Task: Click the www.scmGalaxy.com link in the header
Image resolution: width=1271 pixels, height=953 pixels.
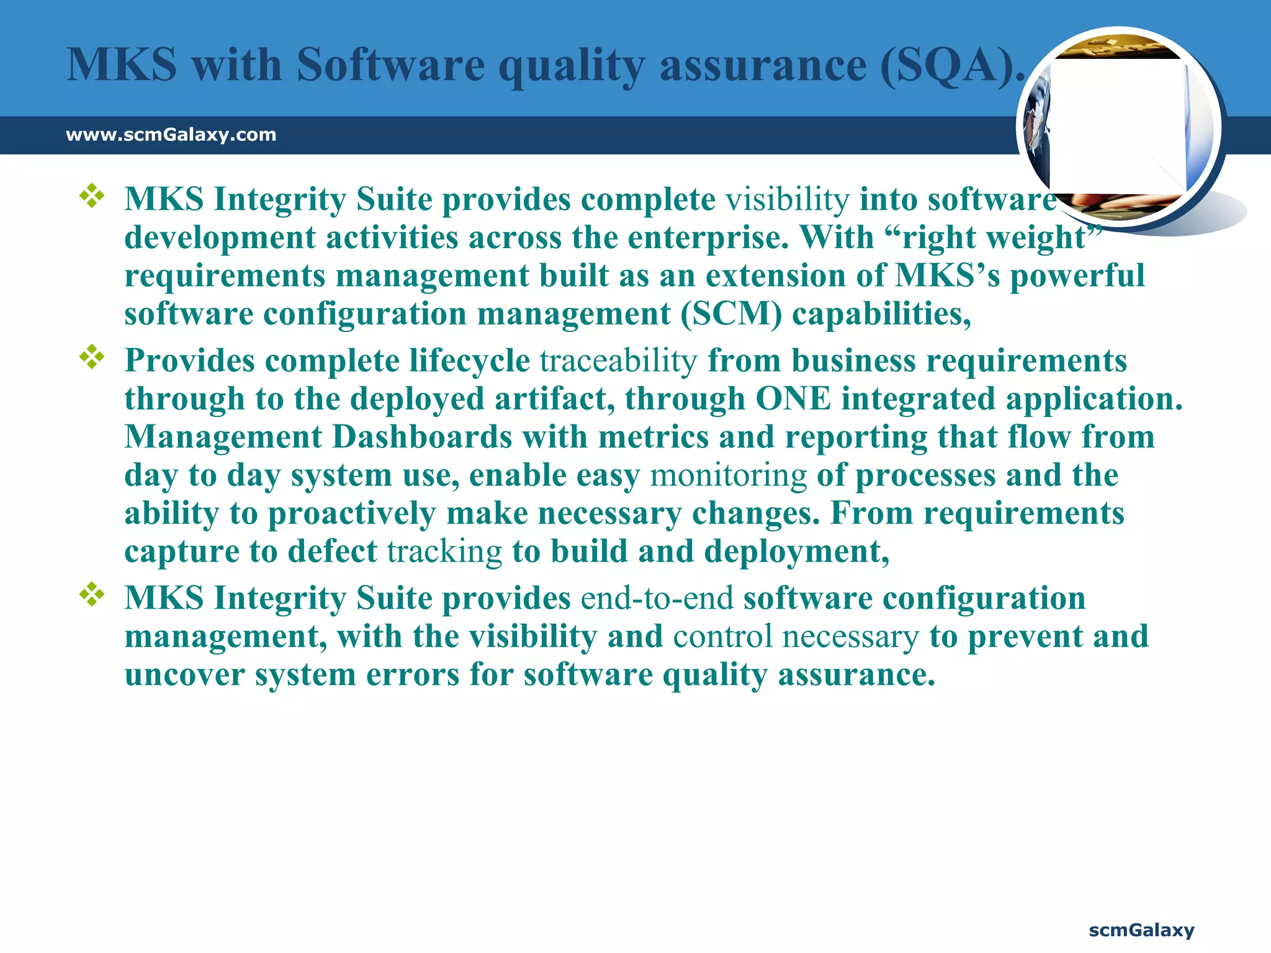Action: (171, 135)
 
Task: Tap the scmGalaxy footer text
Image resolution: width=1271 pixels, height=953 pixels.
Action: (1141, 930)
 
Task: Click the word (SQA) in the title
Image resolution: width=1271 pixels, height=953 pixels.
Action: (946, 65)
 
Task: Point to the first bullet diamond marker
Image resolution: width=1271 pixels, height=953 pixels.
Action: (92, 196)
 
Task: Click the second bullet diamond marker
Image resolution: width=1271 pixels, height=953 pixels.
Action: (92, 357)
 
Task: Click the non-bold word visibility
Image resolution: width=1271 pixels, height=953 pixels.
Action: (788, 200)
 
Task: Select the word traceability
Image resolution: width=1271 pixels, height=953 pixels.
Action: (619, 361)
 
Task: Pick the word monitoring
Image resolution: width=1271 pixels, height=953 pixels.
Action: (728, 476)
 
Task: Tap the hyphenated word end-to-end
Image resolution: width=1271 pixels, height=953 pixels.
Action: (657, 599)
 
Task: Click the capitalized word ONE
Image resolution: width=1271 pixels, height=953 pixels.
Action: (793, 399)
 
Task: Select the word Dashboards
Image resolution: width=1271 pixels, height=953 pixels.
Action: (422, 437)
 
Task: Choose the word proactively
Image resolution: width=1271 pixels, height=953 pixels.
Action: (352, 514)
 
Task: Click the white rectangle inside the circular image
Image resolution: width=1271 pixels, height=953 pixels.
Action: (1117, 127)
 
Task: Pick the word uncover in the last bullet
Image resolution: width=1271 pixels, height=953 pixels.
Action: (184, 675)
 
